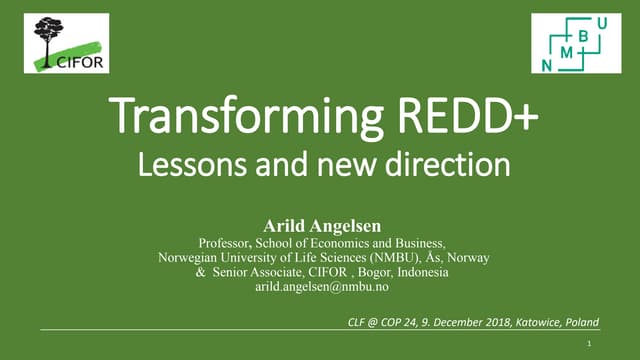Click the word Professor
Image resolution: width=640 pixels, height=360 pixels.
pyautogui.click(x=225, y=242)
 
